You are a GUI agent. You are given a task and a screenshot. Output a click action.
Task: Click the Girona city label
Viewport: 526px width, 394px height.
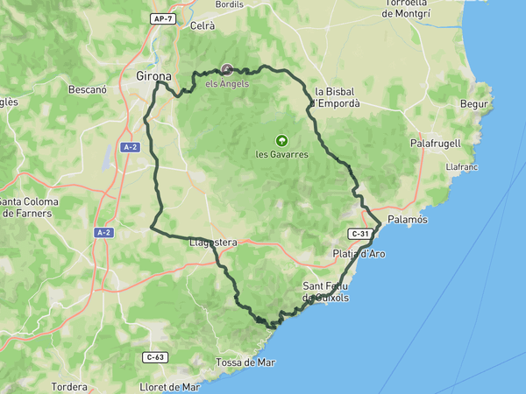pos(154,76)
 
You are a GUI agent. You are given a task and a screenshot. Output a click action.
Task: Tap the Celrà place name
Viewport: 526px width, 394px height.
pos(203,25)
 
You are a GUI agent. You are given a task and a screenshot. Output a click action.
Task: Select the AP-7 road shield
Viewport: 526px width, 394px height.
pos(161,18)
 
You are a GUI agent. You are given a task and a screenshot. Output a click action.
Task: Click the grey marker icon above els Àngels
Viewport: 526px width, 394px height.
pos(227,69)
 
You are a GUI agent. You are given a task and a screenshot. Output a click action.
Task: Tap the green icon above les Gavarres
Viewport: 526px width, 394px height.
pos(281,139)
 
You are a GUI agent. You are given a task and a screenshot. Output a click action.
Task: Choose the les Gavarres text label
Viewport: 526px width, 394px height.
pos(281,154)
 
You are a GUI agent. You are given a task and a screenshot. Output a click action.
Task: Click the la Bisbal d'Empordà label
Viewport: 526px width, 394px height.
pos(338,96)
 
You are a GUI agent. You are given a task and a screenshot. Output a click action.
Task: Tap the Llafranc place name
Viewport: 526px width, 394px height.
pos(461,165)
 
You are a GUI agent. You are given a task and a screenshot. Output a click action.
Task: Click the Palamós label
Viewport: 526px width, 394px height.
pos(407,220)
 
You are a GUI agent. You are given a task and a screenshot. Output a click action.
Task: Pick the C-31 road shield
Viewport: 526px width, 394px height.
pos(359,234)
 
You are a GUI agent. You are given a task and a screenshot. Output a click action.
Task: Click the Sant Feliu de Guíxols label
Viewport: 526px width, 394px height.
pos(325,292)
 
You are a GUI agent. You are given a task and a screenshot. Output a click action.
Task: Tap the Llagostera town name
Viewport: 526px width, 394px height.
pos(213,243)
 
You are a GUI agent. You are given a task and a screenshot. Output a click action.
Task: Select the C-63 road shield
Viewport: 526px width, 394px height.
pos(154,357)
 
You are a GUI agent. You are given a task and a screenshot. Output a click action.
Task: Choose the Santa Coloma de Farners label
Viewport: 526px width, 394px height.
pos(29,207)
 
